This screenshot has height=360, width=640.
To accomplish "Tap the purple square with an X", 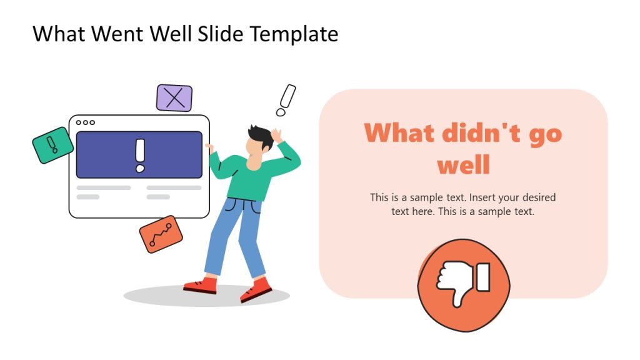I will coord(174,98).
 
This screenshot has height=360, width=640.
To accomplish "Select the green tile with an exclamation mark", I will coord(52,145).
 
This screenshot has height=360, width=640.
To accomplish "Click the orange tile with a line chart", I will coord(161,234).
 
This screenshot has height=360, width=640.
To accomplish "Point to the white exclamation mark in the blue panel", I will coord(139,155).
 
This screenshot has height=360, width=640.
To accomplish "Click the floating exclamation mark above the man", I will coord(286,100).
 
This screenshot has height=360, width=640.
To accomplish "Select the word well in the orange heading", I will coord(463,166).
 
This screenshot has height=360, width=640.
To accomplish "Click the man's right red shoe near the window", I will coord(201,286).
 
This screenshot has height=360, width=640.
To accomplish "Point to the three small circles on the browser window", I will coord(86,122).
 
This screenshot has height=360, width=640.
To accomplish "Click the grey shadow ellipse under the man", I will coord(156,296).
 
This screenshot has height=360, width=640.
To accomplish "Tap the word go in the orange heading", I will coord(546,134).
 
